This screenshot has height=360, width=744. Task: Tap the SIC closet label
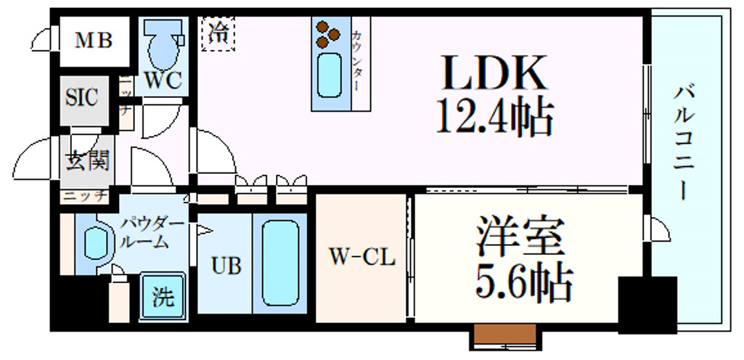click(x=81, y=97)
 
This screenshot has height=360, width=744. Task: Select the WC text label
click(x=162, y=80)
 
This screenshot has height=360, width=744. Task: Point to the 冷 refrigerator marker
click(x=217, y=33)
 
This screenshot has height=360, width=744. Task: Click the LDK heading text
click(x=494, y=73)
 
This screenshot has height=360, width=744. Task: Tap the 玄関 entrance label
click(x=87, y=161)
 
